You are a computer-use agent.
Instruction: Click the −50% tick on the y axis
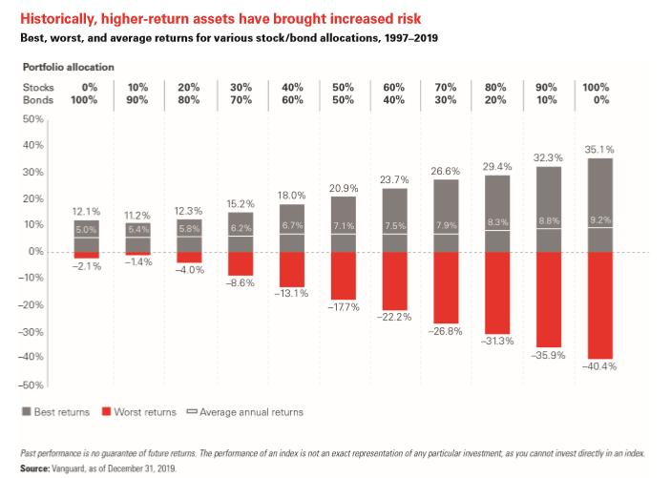pyautogui.click(x=31, y=384)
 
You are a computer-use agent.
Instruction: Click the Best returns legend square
pyautogui.click(x=25, y=412)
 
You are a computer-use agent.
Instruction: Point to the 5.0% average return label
pyautogui.click(x=86, y=230)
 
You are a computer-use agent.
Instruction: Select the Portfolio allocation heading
pyautogui.click(x=67, y=67)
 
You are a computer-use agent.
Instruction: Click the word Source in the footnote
pyautogui.click(x=35, y=468)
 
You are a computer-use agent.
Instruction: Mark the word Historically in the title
pyautogui.click(x=57, y=19)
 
